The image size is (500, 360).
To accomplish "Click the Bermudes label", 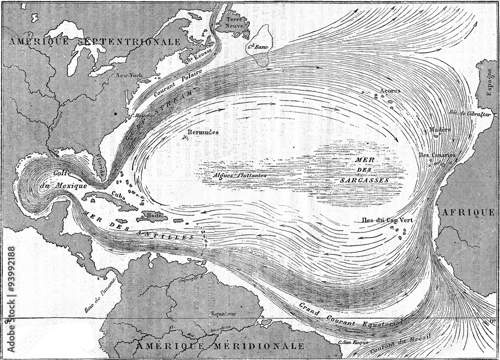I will [x=202, y=132].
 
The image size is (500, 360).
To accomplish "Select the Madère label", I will [x=439, y=129].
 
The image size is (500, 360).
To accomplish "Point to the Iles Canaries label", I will [x=436, y=155].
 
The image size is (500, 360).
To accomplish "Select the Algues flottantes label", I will [x=238, y=176].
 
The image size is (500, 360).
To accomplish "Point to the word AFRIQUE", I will [x=467, y=212].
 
